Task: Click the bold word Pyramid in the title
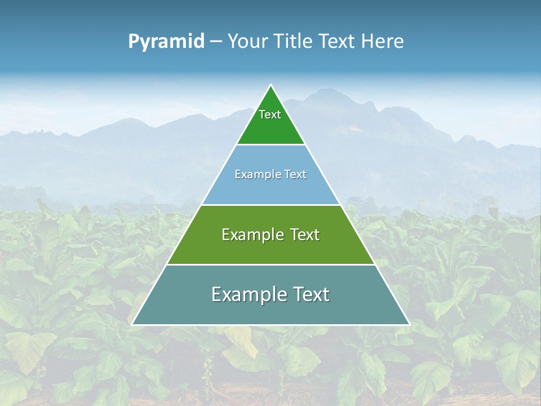click(166, 42)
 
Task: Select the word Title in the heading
click(293, 42)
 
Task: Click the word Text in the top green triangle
click(270, 115)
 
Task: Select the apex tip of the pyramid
click(271, 85)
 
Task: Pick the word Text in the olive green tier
click(304, 235)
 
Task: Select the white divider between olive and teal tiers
click(271, 264)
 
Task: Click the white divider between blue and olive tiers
click(271, 205)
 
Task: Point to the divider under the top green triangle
click(271, 145)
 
